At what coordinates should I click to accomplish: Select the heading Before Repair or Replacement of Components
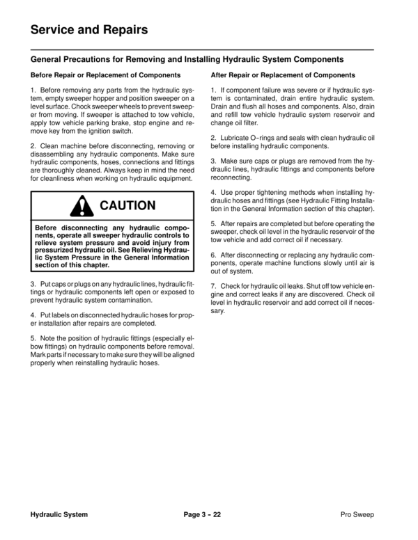pyautogui.click(x=106, y=75)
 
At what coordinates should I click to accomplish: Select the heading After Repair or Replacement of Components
pyautogui.click(x=283, y=75)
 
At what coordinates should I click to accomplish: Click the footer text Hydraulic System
pyautogui.click(x=59, y=515)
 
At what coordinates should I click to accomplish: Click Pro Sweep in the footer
pyautogui.click(x=357, y=515)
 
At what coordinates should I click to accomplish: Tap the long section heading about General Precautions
pyautogui.click(x=187, y=60)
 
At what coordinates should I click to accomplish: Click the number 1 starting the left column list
pyautogui.click(x=33, y=92)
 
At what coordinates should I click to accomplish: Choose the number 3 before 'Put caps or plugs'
pyautogui.click(x=33, y=285)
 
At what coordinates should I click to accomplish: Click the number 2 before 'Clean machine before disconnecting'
pyautogui.click(x=33, y=145)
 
